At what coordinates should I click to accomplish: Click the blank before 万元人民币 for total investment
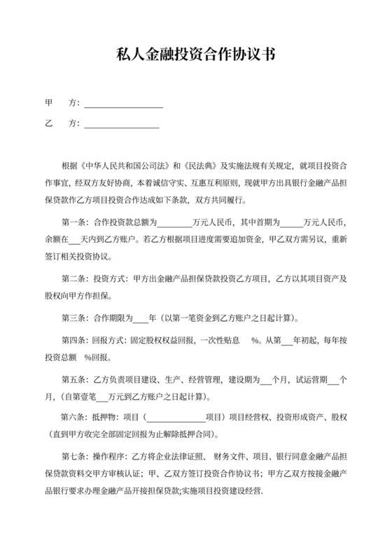[174, 223]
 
